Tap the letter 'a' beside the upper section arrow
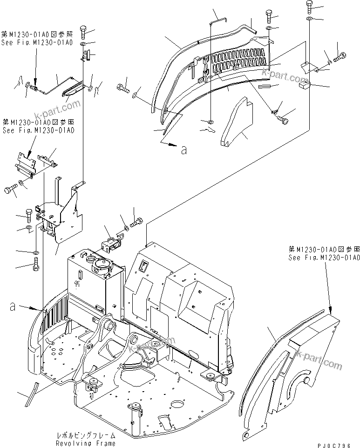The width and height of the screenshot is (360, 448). [x=184, y=149]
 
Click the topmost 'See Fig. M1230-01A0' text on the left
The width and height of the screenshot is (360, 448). [x=37, y=43]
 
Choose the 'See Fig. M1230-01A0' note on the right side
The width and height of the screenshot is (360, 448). [x=324, y=257]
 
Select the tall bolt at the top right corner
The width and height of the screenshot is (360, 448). [x=310, y=6]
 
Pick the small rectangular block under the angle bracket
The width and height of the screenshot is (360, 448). [x=306, y=83]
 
